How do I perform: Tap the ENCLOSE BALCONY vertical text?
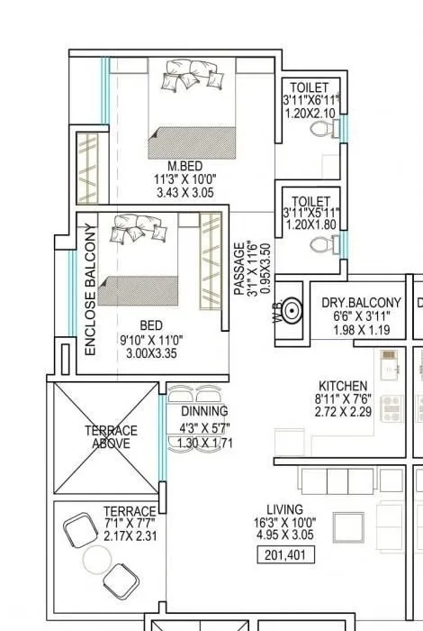point(90,288)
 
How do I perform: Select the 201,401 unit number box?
point(288,555)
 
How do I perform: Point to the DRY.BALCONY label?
point(361,304)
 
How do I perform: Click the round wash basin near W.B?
point(292,311)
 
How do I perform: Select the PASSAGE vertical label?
point(239,268)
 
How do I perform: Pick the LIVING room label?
point(285,509)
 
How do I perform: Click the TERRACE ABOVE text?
point(111,436)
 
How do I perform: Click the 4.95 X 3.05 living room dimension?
point(285,535)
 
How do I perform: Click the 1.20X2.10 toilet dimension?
point(310,114)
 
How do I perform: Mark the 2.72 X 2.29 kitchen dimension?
point(343,411)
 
